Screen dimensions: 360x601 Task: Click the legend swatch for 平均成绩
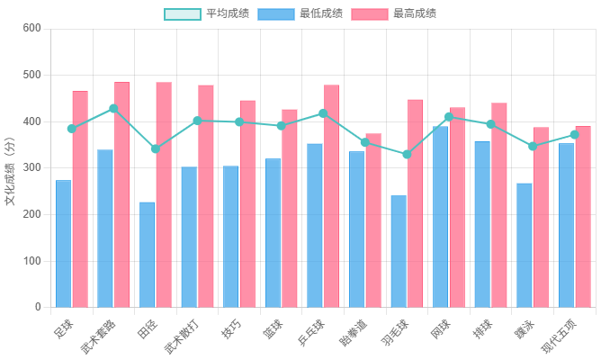[x=183, y=13]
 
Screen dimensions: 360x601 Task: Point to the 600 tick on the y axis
[x=31, y=28]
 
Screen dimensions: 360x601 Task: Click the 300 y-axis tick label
[x=31, y=167]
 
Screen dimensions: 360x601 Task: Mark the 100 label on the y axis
[x=31, y=261]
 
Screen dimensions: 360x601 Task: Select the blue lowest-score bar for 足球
[x=63, y=243]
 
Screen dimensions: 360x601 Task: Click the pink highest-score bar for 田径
[x=164, y=194]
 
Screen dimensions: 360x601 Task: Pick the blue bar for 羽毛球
[x=399, y=251]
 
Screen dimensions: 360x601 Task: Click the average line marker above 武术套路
[x=113, y=108]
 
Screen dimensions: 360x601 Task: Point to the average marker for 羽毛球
[x=407, y=155]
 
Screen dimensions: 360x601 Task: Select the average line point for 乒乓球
[x=323, y=113]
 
